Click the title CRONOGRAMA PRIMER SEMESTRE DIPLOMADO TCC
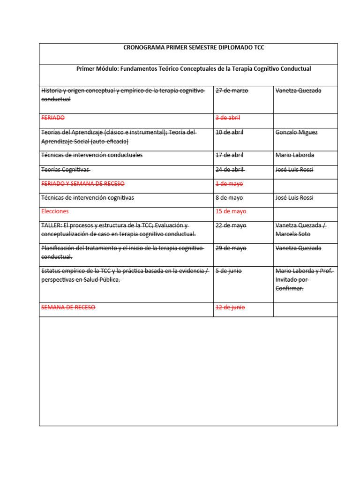(x=194, y=47)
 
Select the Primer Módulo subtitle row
(x=194, y=68)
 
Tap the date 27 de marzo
(x=232, y=90)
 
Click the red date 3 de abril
(x=228, y=118)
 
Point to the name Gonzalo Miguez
(x=296, y=132)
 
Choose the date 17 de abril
(x=229, y=155)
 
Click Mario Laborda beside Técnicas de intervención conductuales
(x=295, y=155)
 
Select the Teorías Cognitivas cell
(x=66, y=169)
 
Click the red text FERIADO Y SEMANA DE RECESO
(x=83, y=184)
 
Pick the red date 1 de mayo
(x=229, y=184)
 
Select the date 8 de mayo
(x=229, y=198)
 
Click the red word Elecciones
(x=55, y=211)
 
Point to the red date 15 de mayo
(x=231, y=211)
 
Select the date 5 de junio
(x=229, y=271)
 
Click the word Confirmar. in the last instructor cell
(x=289, y=288)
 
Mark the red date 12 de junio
(x=230, y=307)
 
